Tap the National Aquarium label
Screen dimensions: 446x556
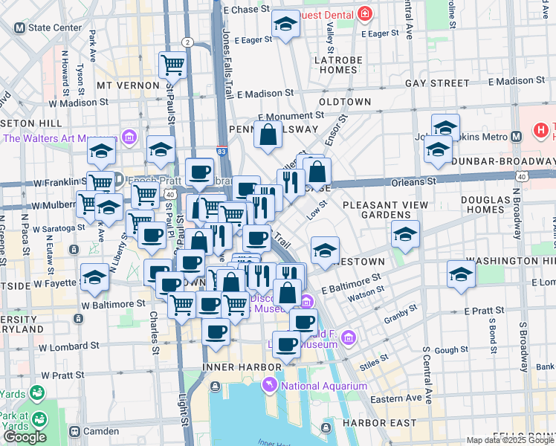(x=317, y=386)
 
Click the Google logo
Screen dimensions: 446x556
(x=25, y=437)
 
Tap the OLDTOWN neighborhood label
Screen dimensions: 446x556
(x=344, y=101)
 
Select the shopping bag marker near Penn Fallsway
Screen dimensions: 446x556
(x=268, y=135)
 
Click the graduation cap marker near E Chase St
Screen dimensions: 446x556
(x=284, y=25)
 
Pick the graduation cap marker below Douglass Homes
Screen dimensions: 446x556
(x=461, y=275)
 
